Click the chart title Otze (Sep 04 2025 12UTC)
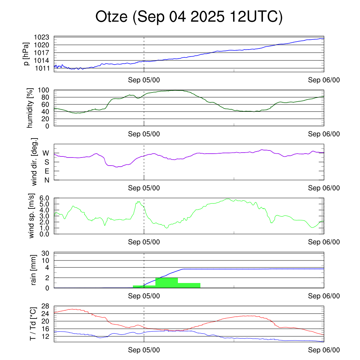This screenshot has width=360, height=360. pyautogui.click(x=189, y=17)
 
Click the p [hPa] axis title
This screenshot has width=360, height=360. pyautogui.click(x=26, y=54)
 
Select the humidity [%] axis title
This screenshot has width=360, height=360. pyautogui.click(x=30, y=108)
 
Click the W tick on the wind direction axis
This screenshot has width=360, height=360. pyautogui.click(x=46, y=153)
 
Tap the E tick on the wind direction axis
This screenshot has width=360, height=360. pyautogui.click(x=46, y=171)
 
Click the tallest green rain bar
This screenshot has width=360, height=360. pyautogui.click(x=166, y=283)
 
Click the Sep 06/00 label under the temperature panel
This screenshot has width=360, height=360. pyautogui.click(x=324, y=350)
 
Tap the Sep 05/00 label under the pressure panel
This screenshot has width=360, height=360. pyautogui.click(x=144, y=80)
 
